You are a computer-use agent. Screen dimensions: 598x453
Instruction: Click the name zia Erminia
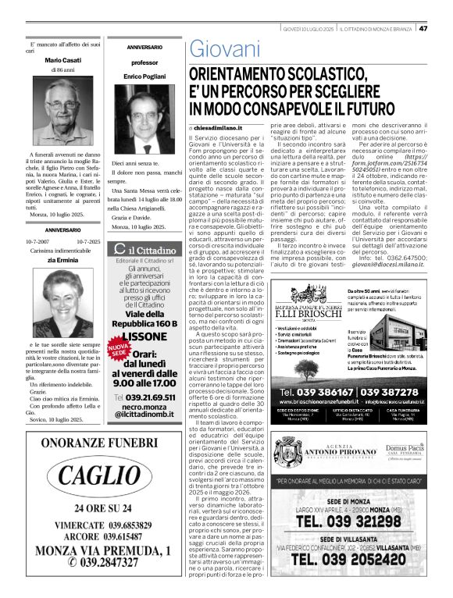[x=62, y=260]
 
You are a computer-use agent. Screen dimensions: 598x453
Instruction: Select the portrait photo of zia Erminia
[x=62, y=308]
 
